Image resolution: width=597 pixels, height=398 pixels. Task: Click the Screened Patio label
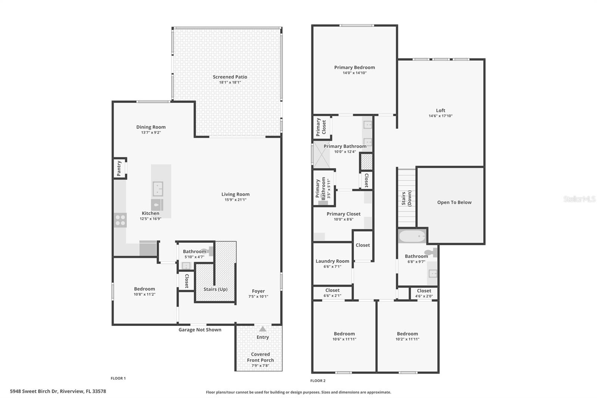[230, 77]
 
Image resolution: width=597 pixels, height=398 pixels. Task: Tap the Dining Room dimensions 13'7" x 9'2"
[151, 133]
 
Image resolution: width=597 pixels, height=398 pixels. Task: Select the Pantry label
[119, 168]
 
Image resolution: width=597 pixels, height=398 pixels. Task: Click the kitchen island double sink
[158, 189]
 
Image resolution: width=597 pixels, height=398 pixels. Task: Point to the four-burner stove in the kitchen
[120, 220]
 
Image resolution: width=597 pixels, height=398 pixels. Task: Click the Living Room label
[235, 194]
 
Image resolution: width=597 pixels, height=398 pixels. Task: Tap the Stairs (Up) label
[215, 289]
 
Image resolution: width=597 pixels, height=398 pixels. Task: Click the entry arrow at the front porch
[263, 329]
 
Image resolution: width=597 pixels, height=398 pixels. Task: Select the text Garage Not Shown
[200, 330]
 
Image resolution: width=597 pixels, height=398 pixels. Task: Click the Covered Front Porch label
[260, 357]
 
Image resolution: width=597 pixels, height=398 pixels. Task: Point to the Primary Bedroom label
[354, 68]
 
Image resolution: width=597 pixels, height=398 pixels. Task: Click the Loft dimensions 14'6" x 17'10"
[440, 116]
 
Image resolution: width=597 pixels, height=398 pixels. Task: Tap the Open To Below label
[454, 202]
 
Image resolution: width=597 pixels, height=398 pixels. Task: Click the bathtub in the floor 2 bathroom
[412, 236]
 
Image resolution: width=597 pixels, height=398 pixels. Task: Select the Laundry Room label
[332, 261]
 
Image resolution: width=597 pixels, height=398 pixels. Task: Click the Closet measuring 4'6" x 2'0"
[424, 293]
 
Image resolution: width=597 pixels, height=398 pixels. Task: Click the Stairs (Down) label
[406, 198]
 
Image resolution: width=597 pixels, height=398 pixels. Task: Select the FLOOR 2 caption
[318, 381]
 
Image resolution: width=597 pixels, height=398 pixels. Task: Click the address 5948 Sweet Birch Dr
[58, 391]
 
